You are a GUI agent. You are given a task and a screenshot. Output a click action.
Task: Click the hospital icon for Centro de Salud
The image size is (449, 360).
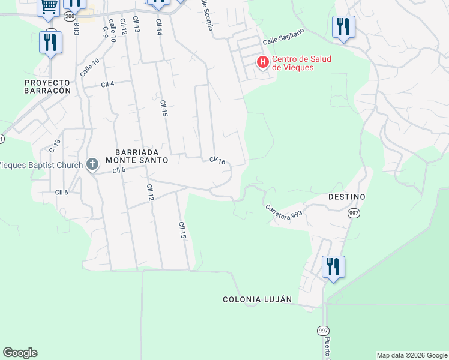point(262,62)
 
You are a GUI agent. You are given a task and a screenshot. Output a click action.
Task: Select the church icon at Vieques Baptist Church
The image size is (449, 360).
point(92,164)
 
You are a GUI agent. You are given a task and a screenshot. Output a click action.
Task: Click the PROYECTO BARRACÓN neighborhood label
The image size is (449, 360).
point(47,86)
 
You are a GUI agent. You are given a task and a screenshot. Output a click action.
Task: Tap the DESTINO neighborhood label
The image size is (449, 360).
point(347,197)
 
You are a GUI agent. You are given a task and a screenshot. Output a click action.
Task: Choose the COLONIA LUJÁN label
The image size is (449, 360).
point(257,299)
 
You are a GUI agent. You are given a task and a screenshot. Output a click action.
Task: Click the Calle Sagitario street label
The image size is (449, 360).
point(283,37)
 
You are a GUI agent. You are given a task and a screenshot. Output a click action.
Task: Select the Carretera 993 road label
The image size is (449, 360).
point(284,212)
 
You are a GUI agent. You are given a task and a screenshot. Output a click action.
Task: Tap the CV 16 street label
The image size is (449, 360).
point(217,161)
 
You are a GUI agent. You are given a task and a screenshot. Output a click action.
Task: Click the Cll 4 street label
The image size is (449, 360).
point(107,84)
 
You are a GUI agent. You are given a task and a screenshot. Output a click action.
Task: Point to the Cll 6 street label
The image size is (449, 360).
point(62,192)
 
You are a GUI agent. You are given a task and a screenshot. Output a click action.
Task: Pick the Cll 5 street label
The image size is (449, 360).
point(119,171)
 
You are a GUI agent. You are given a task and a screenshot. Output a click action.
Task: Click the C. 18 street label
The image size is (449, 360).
point(55,146)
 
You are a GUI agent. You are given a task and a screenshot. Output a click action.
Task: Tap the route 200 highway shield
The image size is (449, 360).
point(70,16)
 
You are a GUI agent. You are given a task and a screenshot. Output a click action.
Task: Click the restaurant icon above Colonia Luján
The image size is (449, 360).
point(333,267)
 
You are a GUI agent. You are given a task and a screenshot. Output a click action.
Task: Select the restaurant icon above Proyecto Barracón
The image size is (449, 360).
point(50,43)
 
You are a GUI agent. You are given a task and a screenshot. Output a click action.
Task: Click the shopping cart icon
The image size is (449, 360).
point(49,7)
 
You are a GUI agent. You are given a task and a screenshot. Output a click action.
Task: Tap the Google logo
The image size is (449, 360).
point(20,353)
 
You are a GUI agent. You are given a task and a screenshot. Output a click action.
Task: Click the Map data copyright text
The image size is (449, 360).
point(412,355)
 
